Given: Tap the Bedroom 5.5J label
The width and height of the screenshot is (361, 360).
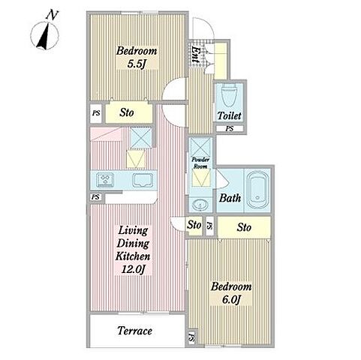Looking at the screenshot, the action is click(137, 58).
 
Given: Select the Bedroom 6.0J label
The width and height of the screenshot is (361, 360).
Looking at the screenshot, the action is click(231, 293).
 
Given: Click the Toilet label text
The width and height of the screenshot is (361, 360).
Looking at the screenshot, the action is click(229, 115).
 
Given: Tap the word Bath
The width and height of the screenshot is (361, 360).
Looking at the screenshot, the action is click(230, 198).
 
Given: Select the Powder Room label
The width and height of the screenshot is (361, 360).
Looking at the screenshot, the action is click(200, 163).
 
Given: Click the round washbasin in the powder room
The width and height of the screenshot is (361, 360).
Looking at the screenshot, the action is click(200, 205).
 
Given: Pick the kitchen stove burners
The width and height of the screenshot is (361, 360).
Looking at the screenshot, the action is click(105, 180).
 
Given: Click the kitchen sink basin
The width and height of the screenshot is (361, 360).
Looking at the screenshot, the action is click(143, 180).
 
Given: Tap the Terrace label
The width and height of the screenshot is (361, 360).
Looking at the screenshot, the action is click(135, 331).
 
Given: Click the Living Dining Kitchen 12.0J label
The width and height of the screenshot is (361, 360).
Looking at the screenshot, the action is click(133, 250).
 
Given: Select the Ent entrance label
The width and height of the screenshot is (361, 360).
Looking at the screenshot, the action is click(194, 54).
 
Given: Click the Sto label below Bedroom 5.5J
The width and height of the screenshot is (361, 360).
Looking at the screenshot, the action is click(127, 112).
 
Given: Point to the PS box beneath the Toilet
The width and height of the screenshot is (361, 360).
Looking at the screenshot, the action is click(230, 129).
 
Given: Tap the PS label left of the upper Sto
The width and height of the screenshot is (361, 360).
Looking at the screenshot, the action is click(96, 113).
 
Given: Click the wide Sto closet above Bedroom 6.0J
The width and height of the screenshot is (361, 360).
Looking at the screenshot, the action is click(244, 227).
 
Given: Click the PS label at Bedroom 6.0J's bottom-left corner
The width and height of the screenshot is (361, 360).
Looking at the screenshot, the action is click(192, 337).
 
